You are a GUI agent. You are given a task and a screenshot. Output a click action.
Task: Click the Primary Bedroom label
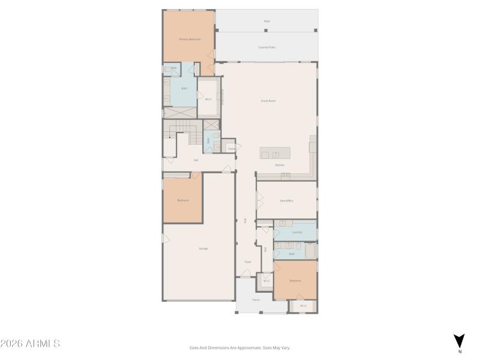click(190, 39)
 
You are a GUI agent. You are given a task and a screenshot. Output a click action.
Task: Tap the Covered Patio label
click(267, 47)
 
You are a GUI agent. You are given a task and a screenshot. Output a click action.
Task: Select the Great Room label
click(268, 101)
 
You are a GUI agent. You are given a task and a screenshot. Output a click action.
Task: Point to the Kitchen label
click(280, 164)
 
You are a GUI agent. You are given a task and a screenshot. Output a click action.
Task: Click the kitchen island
click(275, 152)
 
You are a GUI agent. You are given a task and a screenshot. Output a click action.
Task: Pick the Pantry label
click(231, 148)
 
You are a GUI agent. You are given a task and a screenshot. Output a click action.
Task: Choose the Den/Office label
click(286, 200)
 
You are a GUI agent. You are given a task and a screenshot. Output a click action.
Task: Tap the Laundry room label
click(296, 232)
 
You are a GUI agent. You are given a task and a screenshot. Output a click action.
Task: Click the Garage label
click(203, 248)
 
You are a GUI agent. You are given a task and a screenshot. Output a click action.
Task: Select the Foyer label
click(247, 262)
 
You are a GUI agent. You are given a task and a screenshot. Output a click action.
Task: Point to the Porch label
click(256, 299)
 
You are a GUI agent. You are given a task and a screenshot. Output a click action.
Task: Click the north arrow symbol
click(460, 341)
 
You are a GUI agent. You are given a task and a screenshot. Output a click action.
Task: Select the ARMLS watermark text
click(30, 344)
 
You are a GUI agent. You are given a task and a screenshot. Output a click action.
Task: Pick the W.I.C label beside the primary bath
click(208, 100)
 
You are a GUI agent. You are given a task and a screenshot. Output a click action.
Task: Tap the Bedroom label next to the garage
click(183, 200)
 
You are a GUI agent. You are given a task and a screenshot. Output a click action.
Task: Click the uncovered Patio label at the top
click(267, 21)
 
